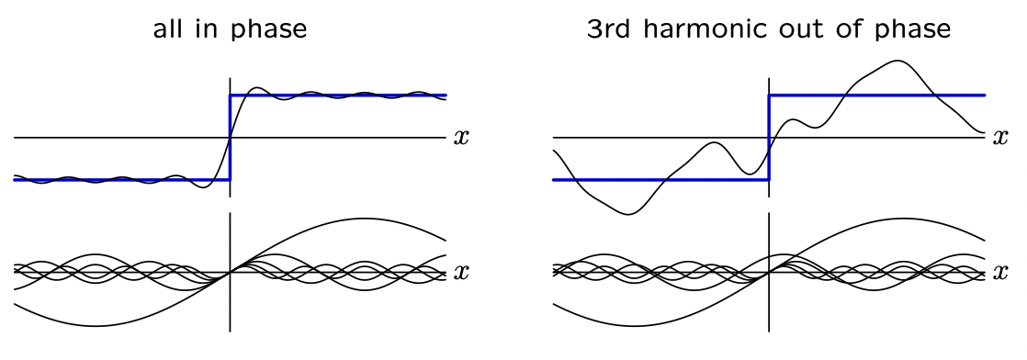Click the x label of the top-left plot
click(x=461, y=138)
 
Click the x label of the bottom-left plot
click(x=461, y=272)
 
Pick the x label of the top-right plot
click(x=999, y=138)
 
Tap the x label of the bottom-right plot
click(x=999, y=272)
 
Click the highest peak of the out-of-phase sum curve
click(x=896, y=61)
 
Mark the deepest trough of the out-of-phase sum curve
click(x=628, y=214)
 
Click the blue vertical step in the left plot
click(x=230, y=138)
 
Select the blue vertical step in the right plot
click(x=769, y=138)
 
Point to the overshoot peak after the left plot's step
click(x=256, y=87)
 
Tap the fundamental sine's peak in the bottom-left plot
click(x=362, y=219)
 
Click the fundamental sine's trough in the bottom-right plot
click(x=634, y=326)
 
